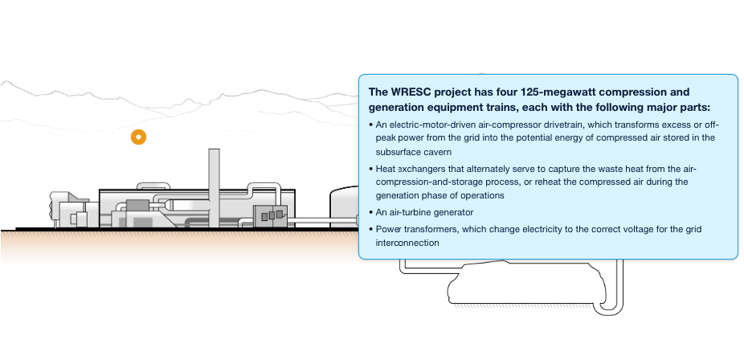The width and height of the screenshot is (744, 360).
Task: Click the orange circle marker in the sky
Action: [139, 137]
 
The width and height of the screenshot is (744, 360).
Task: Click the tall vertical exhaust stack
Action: [214, 177]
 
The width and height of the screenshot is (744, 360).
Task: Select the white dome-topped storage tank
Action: [344, 206]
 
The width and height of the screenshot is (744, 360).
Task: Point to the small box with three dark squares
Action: [270, 214]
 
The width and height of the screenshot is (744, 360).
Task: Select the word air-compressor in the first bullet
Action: [507, 125]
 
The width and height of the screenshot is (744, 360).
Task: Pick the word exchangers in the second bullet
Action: [423, 169]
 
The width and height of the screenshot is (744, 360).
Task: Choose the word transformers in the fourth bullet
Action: [433, 229]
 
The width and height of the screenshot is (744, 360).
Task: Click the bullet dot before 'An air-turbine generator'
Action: [370, 212]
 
